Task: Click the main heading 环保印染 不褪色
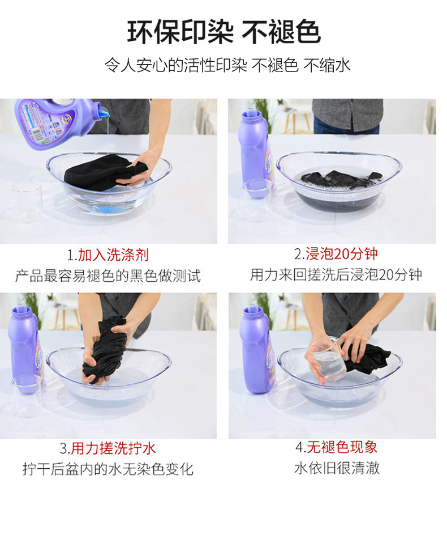(x=223, y=32)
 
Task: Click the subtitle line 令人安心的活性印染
(x=175, y=65)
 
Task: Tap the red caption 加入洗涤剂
(x=114, y=255)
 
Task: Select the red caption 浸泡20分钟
(x=342, y=254)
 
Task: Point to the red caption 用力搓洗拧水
(x=113, y=448)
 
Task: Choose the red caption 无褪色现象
(x=342, y=447)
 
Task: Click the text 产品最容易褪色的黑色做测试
(x=108, y=276)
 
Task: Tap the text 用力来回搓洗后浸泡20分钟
(x=336, y=274)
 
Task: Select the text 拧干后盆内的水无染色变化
(x=108, y=469)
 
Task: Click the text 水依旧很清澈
(x=337, y=468)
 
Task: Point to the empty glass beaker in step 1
(x=27, y=201)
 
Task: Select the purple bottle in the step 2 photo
(x=256, y=153)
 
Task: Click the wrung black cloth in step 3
(x=105, y=350)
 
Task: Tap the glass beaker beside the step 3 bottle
(x=27, y=395)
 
